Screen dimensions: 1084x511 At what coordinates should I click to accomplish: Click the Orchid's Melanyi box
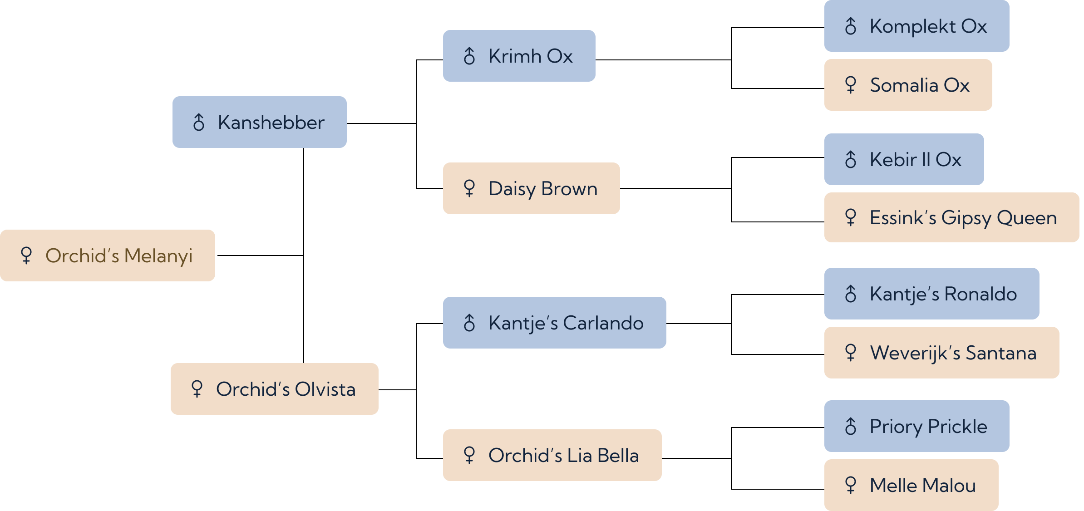click(x=108, y=255)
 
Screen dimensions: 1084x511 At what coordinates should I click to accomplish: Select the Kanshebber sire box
click(x=260, y=122)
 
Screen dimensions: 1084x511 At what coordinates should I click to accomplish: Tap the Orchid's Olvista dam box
click(x=275, y=389)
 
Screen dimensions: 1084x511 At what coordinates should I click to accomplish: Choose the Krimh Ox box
click(x=519, y=56)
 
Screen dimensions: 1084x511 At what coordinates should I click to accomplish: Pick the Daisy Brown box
click(x=532, y=188)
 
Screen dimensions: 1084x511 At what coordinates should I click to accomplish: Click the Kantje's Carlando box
click(x=555, y=323)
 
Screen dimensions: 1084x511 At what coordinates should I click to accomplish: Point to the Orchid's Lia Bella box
click(x=552, y=455)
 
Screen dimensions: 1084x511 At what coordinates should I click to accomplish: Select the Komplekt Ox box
click(x=917, y=26)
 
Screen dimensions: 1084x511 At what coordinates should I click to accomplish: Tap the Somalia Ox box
click(x=908, y=85)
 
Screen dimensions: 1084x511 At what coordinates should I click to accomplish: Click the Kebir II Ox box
click(x=904, y=159)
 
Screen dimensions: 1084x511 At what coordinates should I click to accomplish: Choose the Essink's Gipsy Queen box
click(x=952, y=217)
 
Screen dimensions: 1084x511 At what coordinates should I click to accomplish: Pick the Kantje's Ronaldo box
click(x=932, y=294)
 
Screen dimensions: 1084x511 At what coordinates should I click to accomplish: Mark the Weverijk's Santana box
click(x=942, y=353)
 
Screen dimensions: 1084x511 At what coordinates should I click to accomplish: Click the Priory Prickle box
click(x=917, y=426)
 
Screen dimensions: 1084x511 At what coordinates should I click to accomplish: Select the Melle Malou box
click(x=912, y=485)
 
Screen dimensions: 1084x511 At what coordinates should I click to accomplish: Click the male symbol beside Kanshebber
click(x=199, y=122)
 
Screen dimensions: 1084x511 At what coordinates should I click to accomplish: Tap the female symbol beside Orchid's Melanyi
click(x=26, y=255)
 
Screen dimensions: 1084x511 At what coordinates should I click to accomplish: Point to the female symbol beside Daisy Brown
click(x=469, y=188)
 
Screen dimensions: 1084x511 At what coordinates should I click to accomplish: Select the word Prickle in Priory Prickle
click(x=958, y=427)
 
